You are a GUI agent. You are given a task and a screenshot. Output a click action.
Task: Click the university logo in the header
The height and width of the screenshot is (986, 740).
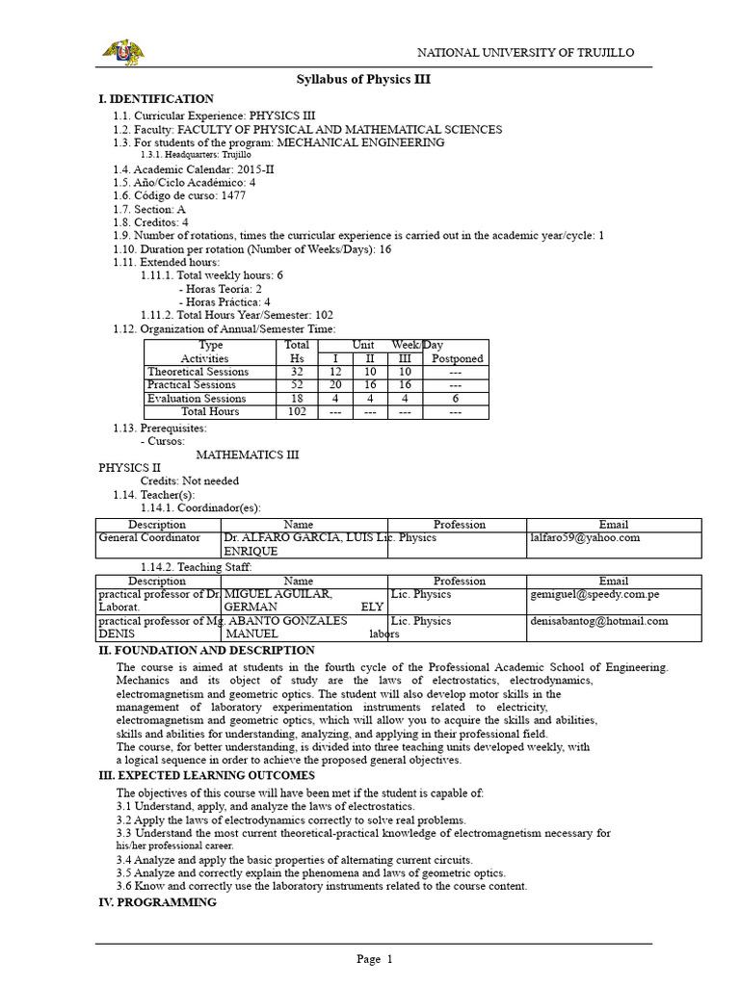click(x=122, y=52)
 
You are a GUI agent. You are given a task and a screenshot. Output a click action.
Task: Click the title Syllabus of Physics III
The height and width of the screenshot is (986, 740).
click(x=362, y=80)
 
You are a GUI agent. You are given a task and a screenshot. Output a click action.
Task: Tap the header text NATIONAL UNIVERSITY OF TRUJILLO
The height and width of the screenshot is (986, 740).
click(x=524, y=52)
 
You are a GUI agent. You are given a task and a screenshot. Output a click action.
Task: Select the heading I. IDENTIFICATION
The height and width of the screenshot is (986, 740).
click(x=156, y=99)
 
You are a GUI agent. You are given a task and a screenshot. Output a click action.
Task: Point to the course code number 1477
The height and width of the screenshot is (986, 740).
click(x=233, y=195)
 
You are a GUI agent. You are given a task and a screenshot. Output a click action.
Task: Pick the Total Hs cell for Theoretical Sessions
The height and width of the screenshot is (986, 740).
click(x=297, y=372)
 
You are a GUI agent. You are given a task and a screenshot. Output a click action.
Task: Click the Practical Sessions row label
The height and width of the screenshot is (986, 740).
click(x=191, y=385)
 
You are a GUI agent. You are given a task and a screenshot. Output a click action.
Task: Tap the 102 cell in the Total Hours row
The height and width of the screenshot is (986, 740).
click(x=297, y=412)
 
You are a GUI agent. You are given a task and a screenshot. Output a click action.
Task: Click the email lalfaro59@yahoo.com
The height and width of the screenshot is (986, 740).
click(x=585, y=538)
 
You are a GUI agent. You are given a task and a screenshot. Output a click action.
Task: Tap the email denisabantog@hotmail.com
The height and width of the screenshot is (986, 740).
click(x=598, y=621)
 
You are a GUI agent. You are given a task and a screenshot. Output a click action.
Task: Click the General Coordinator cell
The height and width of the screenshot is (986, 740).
click(x=150, y=538)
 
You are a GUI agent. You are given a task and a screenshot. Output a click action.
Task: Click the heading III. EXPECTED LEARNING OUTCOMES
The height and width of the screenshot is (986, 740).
click(x=206, y=775)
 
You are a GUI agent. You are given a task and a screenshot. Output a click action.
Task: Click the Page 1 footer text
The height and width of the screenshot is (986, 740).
click(x=375, y=959)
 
